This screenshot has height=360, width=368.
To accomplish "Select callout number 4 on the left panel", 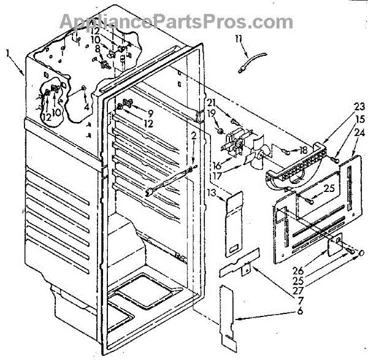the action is pyautogui.click(x=86, y=107).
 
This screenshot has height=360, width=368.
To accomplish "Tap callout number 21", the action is pyautogui.click(x=212, y=102).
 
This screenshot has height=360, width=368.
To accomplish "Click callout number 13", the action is pyautogui.click(x=212, y=194).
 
